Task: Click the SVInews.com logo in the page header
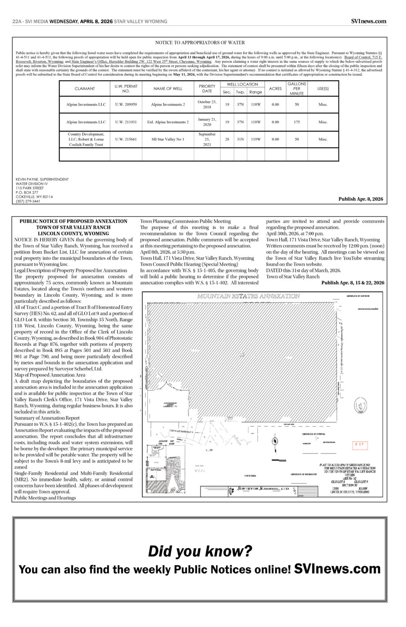click(368, 21)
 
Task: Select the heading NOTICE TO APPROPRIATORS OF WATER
click(200, 42)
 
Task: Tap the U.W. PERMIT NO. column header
click(126, 89)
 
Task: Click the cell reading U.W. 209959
click(126, 104)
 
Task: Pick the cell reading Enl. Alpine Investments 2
click(168, 122)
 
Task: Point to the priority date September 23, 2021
click(207, 139)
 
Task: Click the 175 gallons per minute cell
click(297, 122)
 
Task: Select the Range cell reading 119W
click(256, 139)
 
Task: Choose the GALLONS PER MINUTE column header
click(297, 89)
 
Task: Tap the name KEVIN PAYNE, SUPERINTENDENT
click(42, 179)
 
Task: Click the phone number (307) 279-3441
click(28, 201)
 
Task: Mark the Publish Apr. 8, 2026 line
click(361, 199)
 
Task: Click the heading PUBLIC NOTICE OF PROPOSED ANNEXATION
click(74, 221)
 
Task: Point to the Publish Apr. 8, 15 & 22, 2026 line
click(352, 282)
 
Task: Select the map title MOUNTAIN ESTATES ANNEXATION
click(248, 296)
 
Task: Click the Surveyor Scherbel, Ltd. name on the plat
click(263, 489)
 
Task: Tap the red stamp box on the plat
click(360, 445)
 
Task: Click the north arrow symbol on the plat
click(275, 441)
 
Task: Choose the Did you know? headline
click(200, 551)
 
